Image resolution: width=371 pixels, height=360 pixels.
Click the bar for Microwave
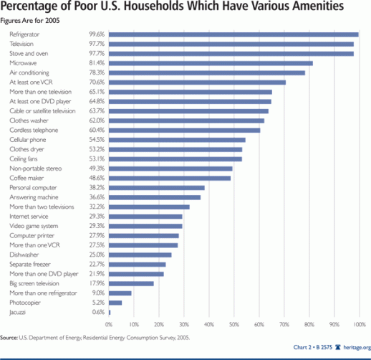pos(211,63)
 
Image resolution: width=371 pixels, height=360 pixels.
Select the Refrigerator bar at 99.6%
pos(233,34)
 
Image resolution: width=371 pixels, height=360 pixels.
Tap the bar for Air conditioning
pos(207,72)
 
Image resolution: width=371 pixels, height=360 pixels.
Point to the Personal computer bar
pos(157,187)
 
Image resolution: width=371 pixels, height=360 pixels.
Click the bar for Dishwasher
pos(140,255)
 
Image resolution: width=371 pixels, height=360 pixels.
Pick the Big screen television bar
pos(131,283)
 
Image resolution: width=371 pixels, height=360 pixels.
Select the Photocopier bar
pos(115,303)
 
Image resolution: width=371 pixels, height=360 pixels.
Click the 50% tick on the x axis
pos(233,323)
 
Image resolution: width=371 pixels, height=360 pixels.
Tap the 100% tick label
pos(358,323)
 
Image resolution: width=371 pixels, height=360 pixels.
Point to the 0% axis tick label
pos(109,323)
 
